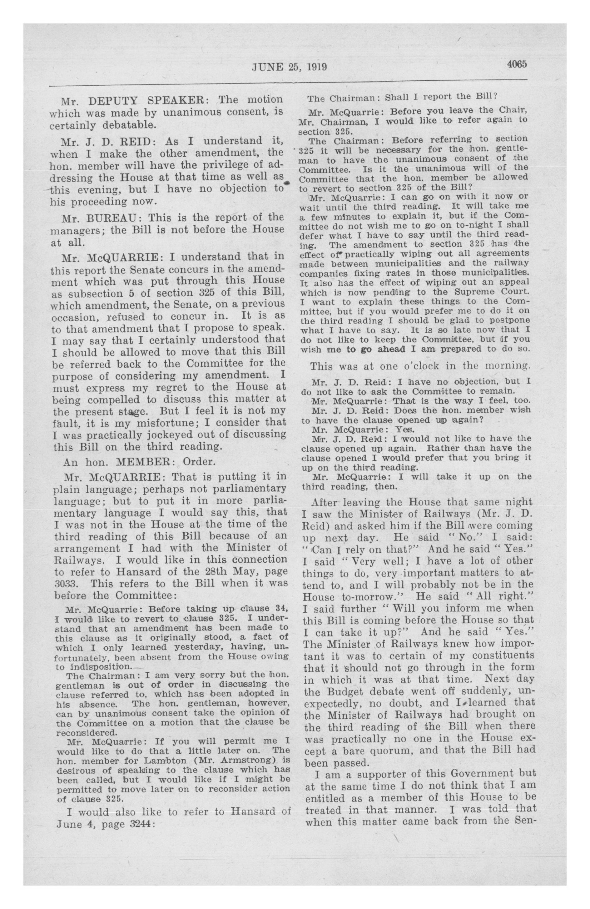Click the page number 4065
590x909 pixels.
517,64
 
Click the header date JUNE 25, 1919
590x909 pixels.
289,67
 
